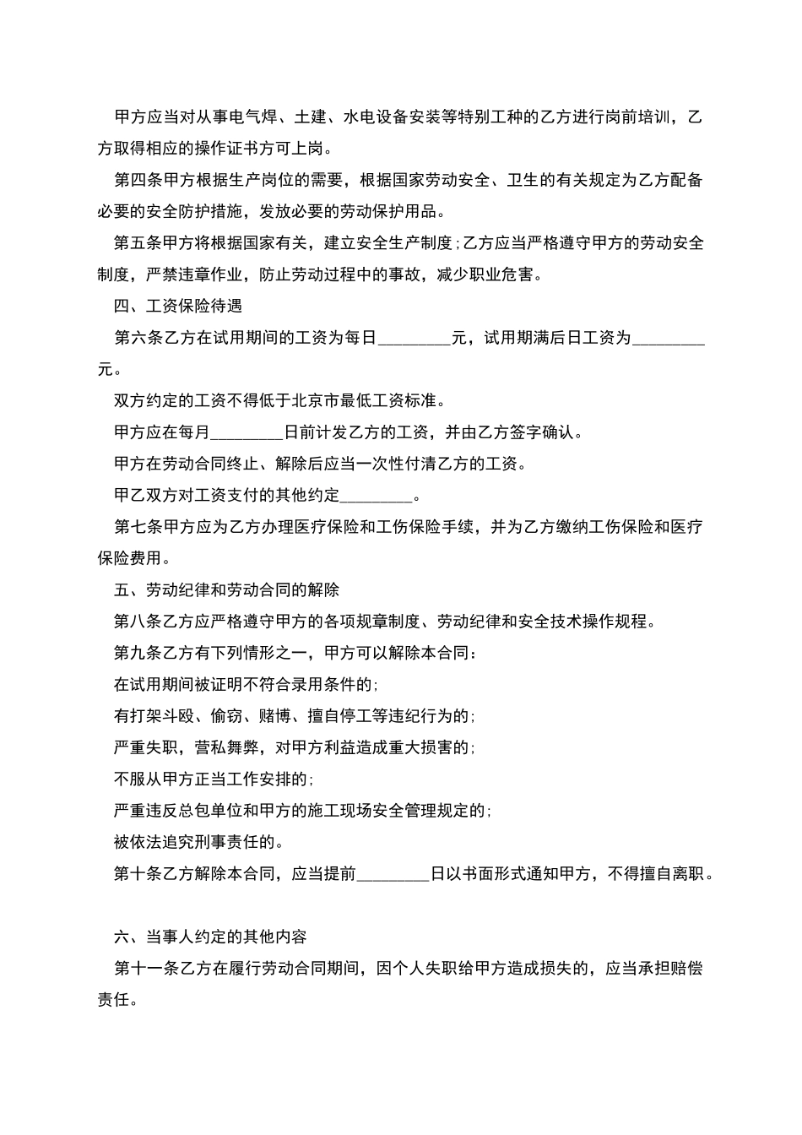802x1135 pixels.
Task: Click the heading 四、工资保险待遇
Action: coord(178,306)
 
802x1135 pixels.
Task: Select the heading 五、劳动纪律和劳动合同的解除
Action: coord(226,589)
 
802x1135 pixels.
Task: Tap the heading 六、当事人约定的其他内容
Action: coord(210,937)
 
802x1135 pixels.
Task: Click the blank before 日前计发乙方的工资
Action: coord(247,432)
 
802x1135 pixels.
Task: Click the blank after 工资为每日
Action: coord(414,338)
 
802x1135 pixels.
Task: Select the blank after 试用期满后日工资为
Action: coord(668,338)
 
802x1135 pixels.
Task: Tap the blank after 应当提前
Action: coord(393,874)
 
